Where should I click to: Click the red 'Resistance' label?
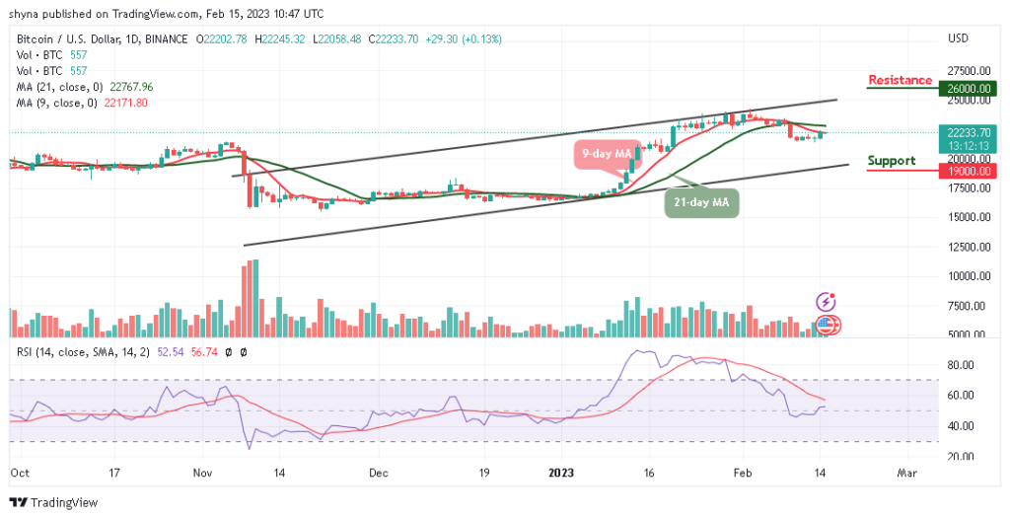[900, 80]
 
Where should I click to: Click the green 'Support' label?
[891, 161]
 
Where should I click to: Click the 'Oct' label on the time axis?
[19, 474]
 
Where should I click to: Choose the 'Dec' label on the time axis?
[379, 474]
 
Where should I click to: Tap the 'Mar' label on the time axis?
[907, 474]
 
